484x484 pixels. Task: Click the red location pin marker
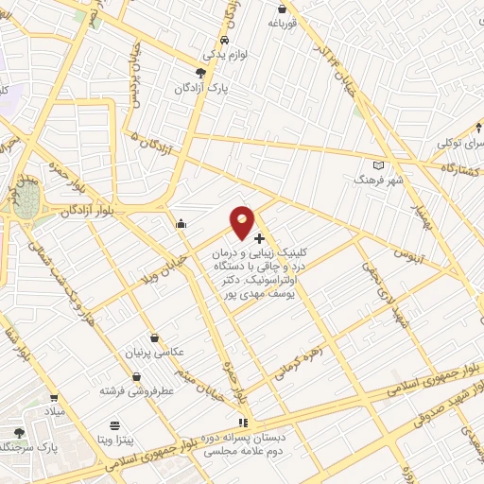pyautogui.click(x=243, y=222)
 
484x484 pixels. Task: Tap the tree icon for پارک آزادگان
pyautogui.click(x=199, y=73)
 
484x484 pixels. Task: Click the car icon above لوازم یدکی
pyautogui.click(x=224, y=41)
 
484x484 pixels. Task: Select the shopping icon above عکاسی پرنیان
pyautogui.click(x=154, y=336)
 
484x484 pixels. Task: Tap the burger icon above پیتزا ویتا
pyautogui.click(x=114, y=425)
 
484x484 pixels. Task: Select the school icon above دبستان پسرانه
pyautogui.click(x=243, y=423)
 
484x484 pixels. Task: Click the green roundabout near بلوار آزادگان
pyautogui.click(x=26, y=199)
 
